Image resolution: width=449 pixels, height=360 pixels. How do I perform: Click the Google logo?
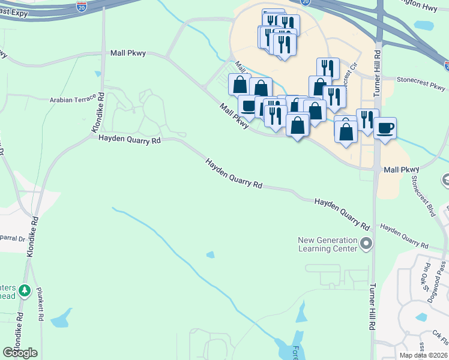coord(20,353)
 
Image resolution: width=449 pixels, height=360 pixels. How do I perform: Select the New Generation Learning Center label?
coord(328,245)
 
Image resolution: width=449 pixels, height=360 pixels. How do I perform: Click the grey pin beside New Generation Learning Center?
coord(367,244)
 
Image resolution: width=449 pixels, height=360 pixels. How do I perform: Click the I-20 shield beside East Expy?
coord(82,7)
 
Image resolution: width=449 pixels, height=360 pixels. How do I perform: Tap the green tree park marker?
coord(25,292)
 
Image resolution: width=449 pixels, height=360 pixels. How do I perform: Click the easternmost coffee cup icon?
coord(385,127)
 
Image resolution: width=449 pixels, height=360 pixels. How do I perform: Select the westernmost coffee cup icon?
coord(249,106)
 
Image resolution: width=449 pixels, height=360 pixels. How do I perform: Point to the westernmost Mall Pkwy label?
coord(128,53)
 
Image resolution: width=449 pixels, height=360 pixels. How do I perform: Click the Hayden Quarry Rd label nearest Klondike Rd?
coord(130,140)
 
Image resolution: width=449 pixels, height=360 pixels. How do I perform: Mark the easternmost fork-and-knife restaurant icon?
coord(367,119)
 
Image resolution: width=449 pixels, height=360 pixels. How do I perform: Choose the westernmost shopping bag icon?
coord(240,84)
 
